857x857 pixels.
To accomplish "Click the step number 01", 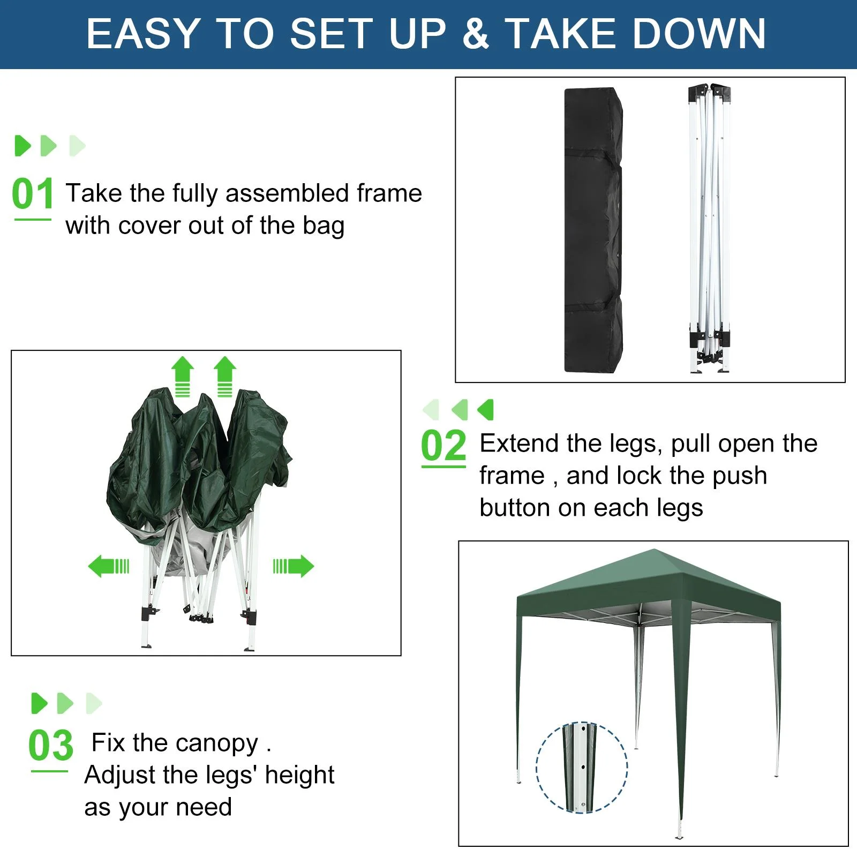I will pos(32,194).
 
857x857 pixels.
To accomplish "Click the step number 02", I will pos(443,446).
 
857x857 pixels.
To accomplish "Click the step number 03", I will pos(50,745).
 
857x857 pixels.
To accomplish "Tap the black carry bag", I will pos(593,230).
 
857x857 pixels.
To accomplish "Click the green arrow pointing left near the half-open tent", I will pos(109,566).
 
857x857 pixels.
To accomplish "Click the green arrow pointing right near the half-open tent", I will pos(294,566).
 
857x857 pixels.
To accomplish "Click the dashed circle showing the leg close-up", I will pos(582,767).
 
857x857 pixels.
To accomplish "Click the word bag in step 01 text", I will pos(323,227).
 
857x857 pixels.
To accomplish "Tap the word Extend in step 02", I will pos(518,443).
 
